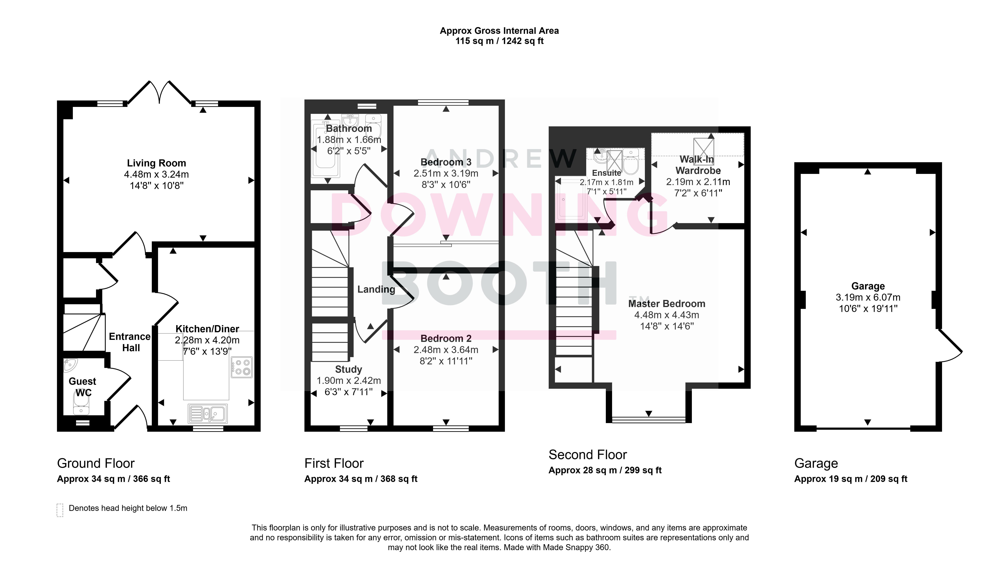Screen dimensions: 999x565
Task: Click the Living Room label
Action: pos(156,163)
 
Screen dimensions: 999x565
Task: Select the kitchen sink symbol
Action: pos(207,414)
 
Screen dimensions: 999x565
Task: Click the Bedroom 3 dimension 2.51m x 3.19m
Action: pos(446,173)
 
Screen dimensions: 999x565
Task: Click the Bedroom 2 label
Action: pos(446,338)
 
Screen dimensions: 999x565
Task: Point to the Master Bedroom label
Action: pos(667,304)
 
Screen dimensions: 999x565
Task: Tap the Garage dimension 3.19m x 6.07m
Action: pos(868,297)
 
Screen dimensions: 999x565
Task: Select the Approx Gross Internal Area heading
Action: pos(499,31)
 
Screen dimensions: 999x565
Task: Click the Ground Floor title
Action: pos(96,463)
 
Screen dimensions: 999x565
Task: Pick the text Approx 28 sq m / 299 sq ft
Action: pos(605,470)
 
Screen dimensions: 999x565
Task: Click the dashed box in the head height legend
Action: pos(60,510)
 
